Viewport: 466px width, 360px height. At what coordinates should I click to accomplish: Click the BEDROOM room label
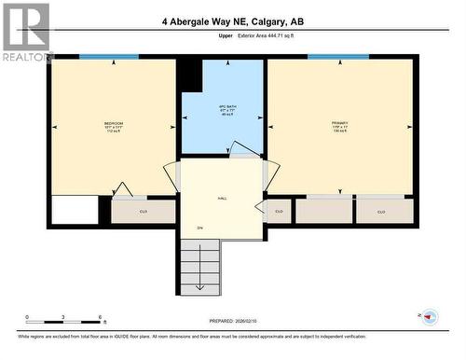pyautogui.click(x=113, y=124)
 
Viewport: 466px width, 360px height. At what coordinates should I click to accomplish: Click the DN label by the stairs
pyautogui.click(x=199, y=228)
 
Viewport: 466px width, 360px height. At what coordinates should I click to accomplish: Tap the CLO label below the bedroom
pyautogui.click(x=143, y=212)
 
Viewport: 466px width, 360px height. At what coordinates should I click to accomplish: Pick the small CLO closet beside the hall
pyautogui.click(x=279, y=212)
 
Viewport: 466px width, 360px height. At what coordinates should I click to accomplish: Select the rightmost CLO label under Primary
pyautogui.click(x=382, y=212)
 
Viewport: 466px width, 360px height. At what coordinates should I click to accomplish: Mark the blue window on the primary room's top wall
pyautogui.click(x=337, y=57)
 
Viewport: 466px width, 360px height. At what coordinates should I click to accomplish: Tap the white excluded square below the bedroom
pyautogui.click(x=74, y=209)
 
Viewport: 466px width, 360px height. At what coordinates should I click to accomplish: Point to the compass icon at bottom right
pyautogui.click(x=430, y=316)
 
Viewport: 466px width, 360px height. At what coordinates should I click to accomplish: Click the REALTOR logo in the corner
pyautogui.click(x=26, y=31)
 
